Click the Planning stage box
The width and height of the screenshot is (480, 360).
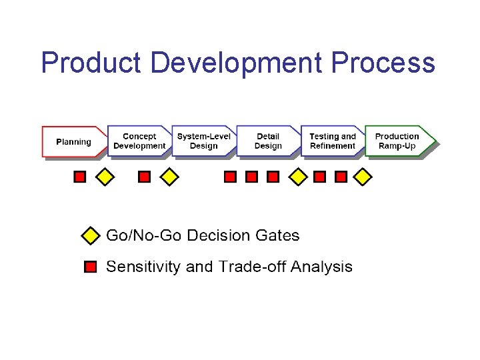tap(73, 141)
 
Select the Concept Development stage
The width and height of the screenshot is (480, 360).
tap(139, 141)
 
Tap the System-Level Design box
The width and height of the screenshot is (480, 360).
tap(203, 141)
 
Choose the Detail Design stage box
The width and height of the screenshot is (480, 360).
tap(268, 141)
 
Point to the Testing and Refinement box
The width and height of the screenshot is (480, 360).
tap(333, 141)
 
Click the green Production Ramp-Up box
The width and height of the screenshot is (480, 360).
tap(398, 141)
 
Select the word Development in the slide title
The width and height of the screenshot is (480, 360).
tap(236, 63)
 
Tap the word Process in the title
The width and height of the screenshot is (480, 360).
tap(383, 63)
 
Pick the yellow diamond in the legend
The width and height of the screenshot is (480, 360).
tap(90, 236)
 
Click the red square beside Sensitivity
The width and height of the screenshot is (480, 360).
tap(91, 267)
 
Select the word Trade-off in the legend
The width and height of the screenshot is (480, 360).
tap(248, 267)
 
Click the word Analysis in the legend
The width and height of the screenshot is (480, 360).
tap(319, 267)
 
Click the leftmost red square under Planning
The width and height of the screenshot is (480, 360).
tap(79, 177)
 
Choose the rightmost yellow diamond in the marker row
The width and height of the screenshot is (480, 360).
tap(362, 177)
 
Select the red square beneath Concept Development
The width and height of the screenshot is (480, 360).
tap(144, 177)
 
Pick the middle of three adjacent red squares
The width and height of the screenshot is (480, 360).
tap(251, 177)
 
